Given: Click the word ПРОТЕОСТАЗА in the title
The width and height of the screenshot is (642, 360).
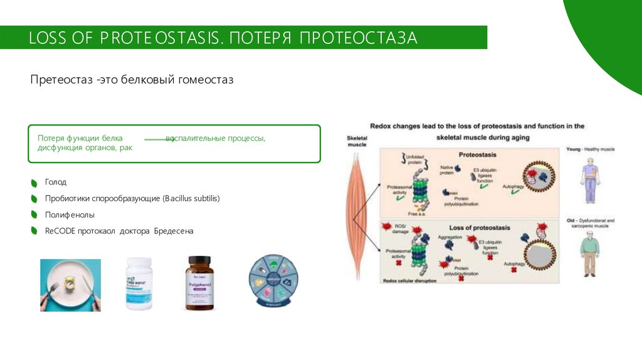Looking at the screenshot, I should coord(358,38).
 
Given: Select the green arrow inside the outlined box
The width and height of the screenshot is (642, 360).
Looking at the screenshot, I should coord(159,139).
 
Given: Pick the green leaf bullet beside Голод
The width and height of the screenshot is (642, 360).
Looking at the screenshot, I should coord(34,183).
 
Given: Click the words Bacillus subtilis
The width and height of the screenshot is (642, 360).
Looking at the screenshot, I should coord(191,198).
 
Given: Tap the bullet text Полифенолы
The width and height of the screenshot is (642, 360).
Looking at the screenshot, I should coord(65,214).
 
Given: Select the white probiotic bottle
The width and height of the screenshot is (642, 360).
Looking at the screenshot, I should coord(139,283).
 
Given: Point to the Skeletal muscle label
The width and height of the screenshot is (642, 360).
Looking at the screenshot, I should coord(356,141).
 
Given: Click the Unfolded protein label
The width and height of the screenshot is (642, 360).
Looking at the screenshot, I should coord(415,158).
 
